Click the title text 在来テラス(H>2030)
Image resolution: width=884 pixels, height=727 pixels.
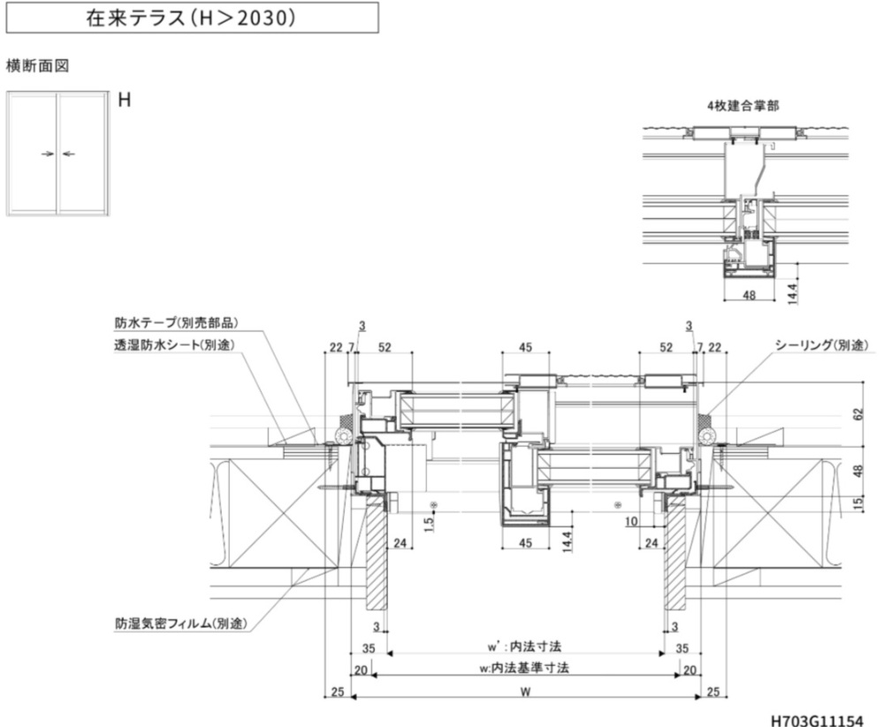pos(190,18)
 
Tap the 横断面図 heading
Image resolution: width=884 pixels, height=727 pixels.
pos(37,66)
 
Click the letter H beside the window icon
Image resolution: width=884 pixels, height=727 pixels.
pos(125,100)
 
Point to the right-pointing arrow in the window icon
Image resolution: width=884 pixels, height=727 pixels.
pos(48,154)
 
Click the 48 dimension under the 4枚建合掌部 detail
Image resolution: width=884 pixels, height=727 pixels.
pos(749,296)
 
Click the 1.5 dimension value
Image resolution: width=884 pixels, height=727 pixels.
pos(429,524)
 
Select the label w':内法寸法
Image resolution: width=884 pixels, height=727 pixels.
pos(524,647)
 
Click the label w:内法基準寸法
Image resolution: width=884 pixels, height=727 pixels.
pos(524,668)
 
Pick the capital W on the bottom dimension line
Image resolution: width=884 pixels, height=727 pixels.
pos(524,692)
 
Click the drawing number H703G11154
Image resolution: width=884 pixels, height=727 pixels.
pos(816,720)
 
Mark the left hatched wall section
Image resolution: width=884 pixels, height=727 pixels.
pos(377,557)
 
